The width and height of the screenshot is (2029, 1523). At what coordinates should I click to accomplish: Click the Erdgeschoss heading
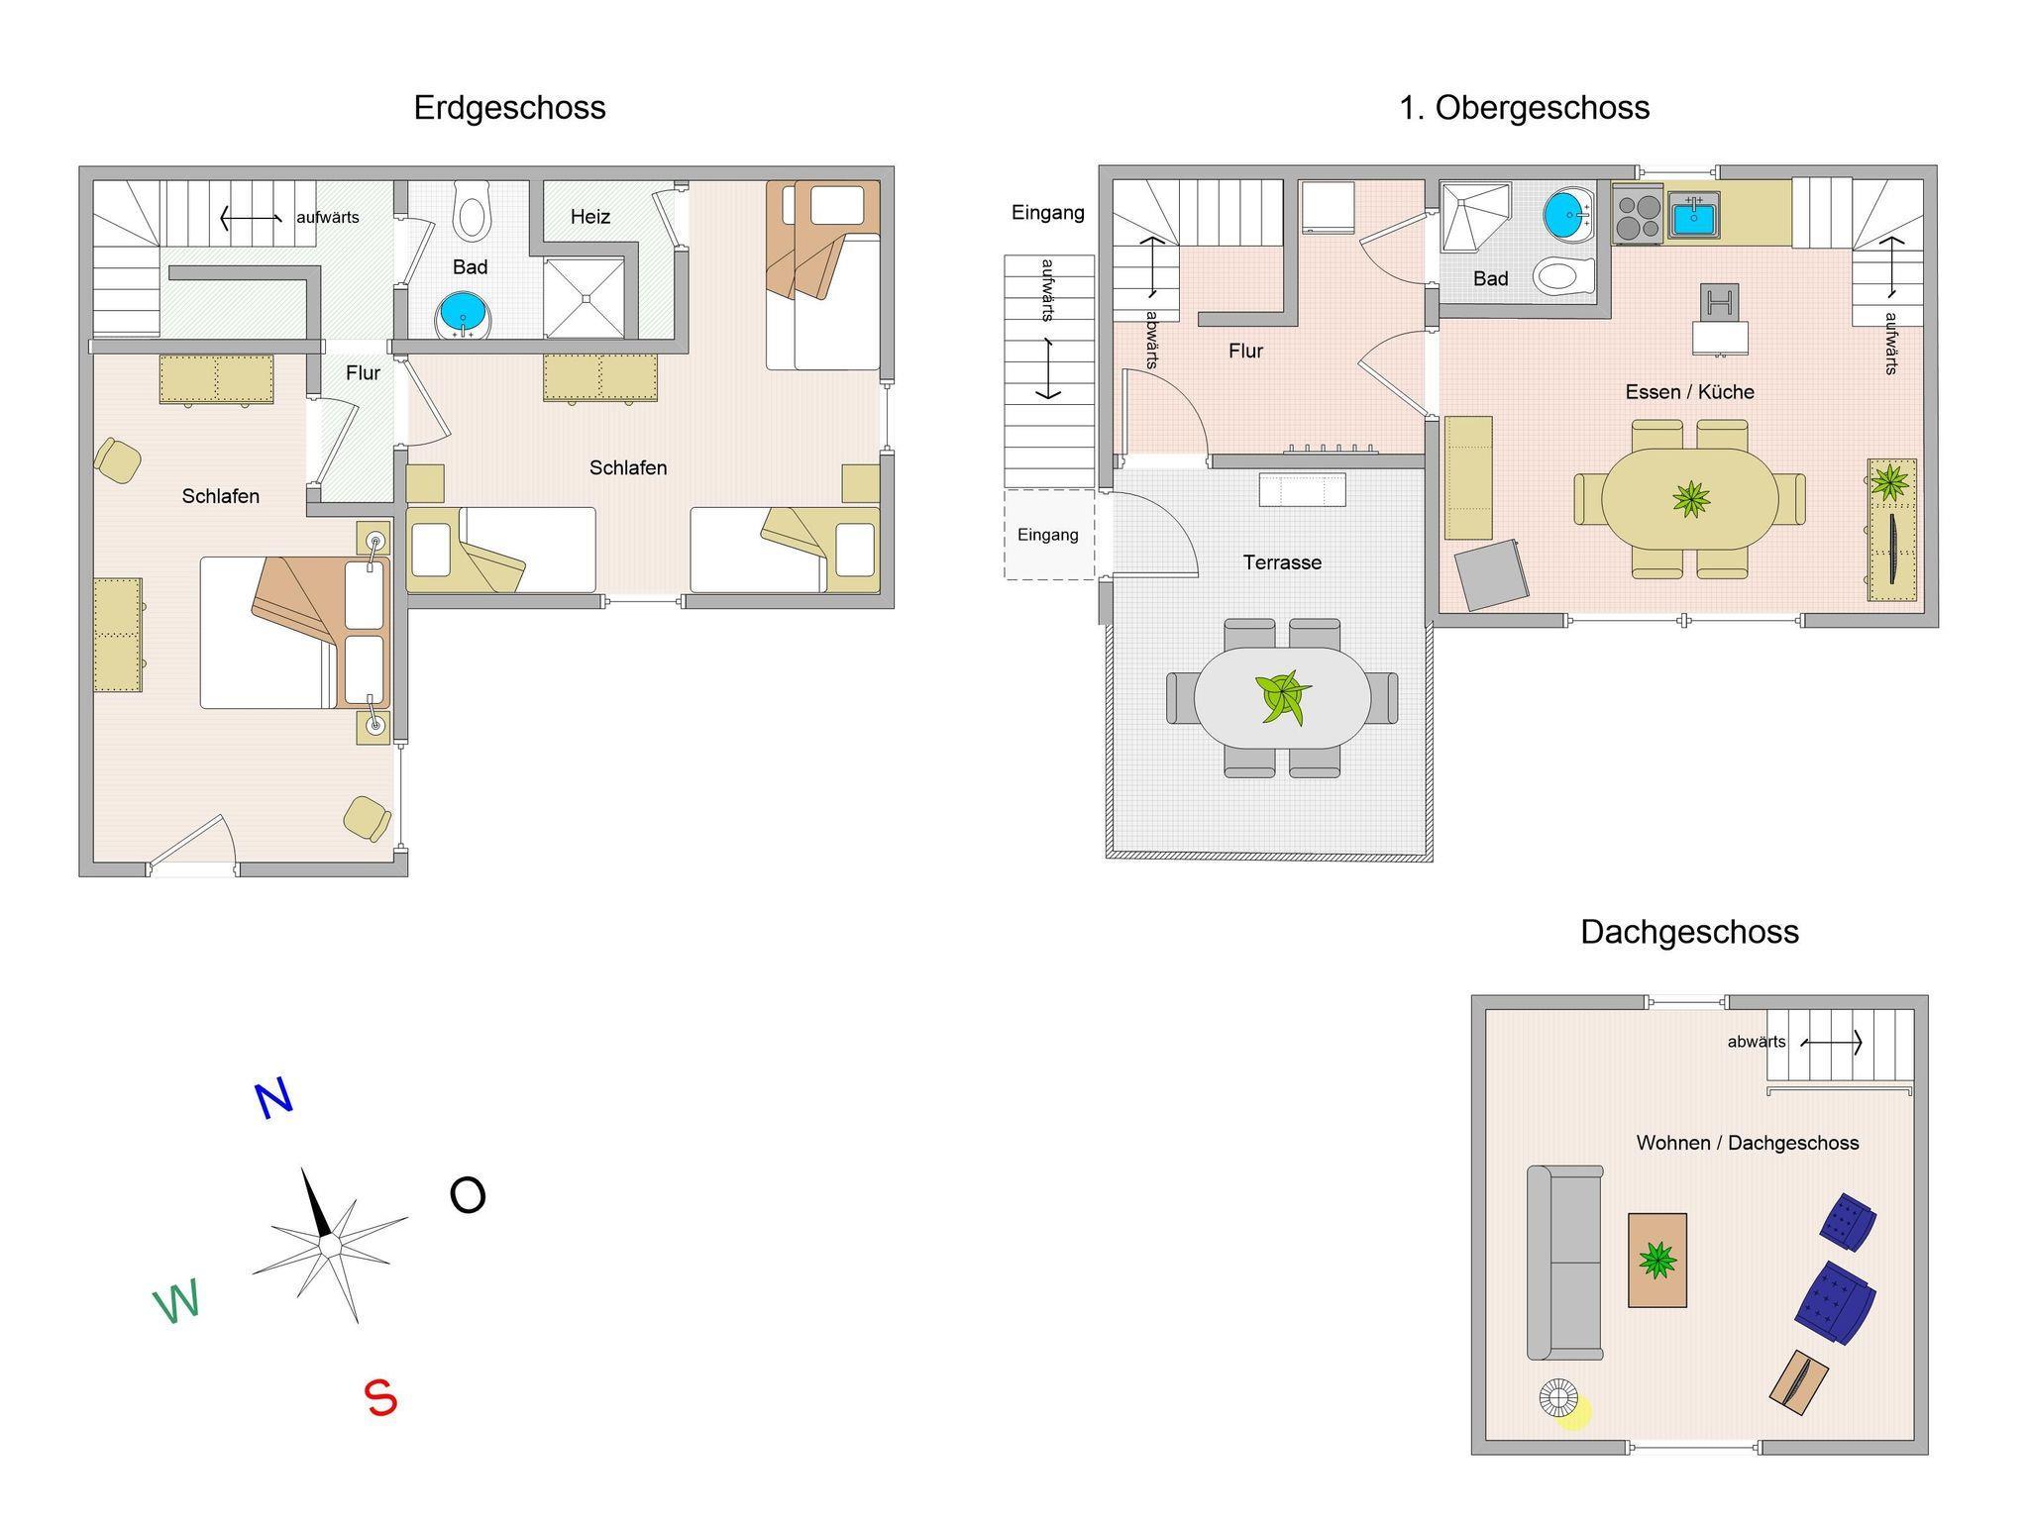click(509, 108)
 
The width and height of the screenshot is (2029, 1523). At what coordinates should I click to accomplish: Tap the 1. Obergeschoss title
click(1524, 108)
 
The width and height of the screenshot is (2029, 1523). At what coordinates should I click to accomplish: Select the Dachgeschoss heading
click(1689, 933)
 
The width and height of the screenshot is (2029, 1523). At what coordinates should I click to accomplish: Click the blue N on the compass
click(273, 1098)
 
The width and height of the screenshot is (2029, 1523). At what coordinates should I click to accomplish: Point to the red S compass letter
click(381, 1398)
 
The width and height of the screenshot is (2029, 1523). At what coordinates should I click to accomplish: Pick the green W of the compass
click(176, 1301)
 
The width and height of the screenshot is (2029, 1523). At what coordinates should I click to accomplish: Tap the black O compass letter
click(468, 1195)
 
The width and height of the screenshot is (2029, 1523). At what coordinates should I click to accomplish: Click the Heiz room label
click(590, 217)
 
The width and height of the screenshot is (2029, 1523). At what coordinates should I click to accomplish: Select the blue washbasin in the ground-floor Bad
click(463, 316)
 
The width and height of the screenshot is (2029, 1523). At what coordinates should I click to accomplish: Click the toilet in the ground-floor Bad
click(472, 209)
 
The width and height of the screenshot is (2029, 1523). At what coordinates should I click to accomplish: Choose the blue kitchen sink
click(1694, 215)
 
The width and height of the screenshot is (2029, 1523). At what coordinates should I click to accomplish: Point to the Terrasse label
click(1282, 562)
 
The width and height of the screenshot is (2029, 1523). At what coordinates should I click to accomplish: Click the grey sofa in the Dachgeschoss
click(1564, 1263)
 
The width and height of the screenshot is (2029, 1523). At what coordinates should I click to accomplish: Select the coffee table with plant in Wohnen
click(1657, 1261)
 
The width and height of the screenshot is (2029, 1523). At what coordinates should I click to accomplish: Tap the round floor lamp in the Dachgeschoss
click(1558, 1398)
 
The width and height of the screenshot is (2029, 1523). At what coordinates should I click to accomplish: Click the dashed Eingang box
click(1049, 535)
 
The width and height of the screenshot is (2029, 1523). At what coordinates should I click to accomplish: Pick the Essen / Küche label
click(1689, 392)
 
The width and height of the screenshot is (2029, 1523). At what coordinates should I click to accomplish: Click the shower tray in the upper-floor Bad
click(1474, 217)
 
